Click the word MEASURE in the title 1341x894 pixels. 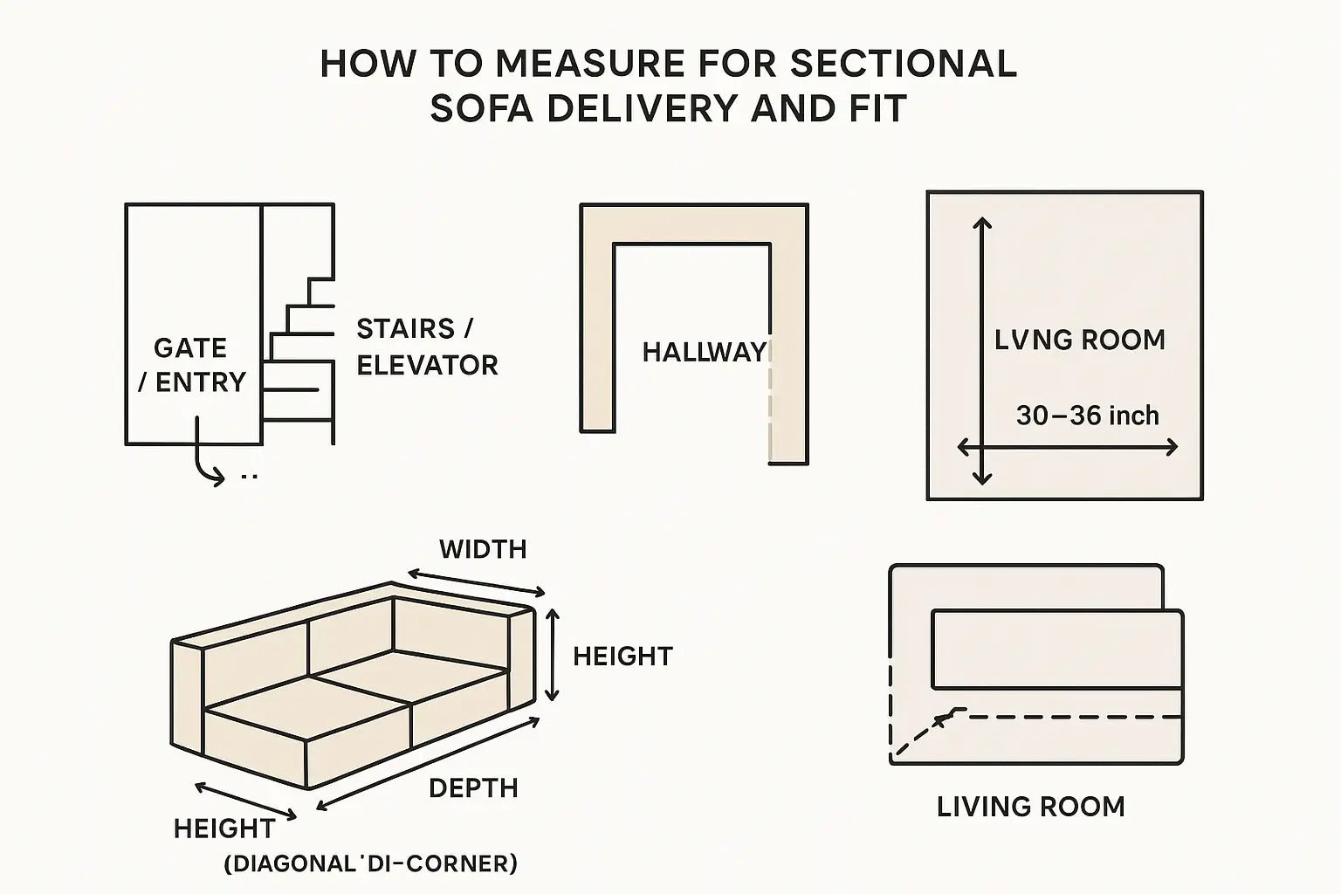[x=589, y=64]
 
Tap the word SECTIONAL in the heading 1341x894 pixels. [x=904, y=64]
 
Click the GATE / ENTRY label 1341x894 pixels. [x=192, y=365]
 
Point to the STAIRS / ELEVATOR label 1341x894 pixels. [x=427, y=347]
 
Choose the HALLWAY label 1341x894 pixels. [x=704, y=352]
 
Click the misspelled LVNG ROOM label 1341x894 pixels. [x=1080, y=340]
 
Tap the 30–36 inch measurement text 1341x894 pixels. [x=1087, y=416]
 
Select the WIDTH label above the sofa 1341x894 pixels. [x=483, y=549]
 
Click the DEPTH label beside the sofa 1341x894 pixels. [x=473, y=788]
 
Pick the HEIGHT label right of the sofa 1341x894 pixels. [x=623, y=657]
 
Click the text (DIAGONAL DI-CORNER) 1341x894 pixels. [x=370, y=863]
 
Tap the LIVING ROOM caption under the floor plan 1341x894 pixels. [x=1031, y=807]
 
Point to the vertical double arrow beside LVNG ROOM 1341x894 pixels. [x=982, y=351]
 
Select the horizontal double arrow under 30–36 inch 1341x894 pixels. [x=1068, y=447]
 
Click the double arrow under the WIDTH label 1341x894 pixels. [x=477, y=582]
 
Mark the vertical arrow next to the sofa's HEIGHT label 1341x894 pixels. [x=553, y=655]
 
